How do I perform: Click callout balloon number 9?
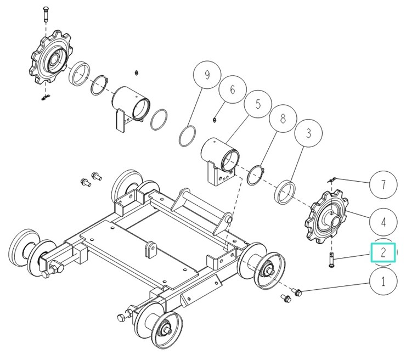207,75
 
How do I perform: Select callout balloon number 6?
232,89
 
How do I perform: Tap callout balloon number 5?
258,104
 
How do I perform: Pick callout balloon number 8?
283,119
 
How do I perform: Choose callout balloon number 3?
308,133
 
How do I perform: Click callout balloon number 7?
383,184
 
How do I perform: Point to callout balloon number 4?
383,222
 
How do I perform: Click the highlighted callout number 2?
383,252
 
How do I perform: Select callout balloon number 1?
383,282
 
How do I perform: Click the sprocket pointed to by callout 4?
326,217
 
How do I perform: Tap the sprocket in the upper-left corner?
50,57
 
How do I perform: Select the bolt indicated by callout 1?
296,291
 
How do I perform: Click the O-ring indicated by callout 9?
187,136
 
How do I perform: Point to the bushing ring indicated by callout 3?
285,192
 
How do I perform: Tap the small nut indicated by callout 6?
214,120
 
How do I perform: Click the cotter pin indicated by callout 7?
332,180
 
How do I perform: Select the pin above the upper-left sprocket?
46,14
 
